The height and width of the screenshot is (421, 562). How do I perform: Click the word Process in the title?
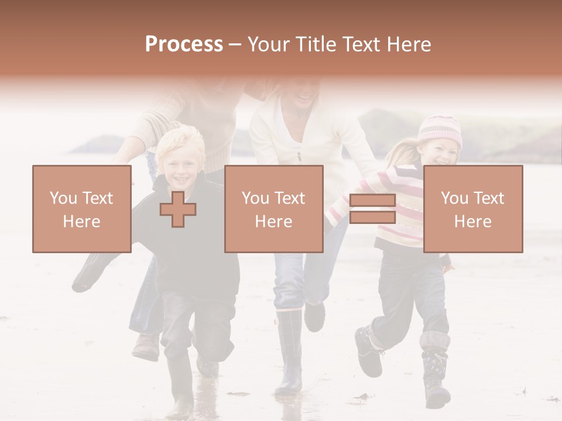(x=184, y=44)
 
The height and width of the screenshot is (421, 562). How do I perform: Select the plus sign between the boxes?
(x=178, y=209)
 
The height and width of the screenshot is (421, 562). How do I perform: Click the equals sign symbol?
(x=372, y=209)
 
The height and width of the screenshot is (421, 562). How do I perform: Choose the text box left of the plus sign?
(x=82, y=209)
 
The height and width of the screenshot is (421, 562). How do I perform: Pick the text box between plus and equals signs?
(x=274, y=209)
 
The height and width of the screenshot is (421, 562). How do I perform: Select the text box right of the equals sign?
(x=473, y=209)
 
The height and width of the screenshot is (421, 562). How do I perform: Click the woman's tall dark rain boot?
(x=289, y=351)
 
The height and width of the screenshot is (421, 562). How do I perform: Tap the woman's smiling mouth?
(x=304, y=94)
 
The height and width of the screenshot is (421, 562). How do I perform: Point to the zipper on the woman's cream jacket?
(x=299, y=155)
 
